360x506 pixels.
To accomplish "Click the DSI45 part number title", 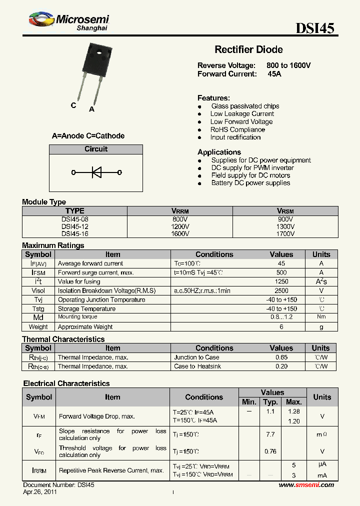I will click(315, 28).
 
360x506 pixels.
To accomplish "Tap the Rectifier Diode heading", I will click(248, 49).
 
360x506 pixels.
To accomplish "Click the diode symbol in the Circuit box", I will click(96, 172).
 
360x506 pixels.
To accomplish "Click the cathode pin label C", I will click(73, 105).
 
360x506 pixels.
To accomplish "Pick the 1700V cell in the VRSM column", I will click(285, 233).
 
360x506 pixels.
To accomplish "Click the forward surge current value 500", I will click(281, 272).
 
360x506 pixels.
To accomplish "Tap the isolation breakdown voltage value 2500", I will click(281, 290).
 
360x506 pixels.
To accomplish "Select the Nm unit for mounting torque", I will click(321, 317).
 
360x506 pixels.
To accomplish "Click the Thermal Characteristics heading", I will click(63, 339).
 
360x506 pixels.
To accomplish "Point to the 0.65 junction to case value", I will click(281, 357).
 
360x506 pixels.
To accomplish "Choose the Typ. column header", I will click(270, 402).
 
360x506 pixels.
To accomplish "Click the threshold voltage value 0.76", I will click(270, 451).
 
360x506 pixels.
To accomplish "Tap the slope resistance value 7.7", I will click(270, 434).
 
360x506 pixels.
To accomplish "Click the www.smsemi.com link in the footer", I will click(306, 485).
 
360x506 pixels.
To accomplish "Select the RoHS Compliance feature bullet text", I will click(237, 129).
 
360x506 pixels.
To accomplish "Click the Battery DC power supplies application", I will click(250, 183).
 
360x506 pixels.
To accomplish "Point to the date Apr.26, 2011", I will click(40, 492).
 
